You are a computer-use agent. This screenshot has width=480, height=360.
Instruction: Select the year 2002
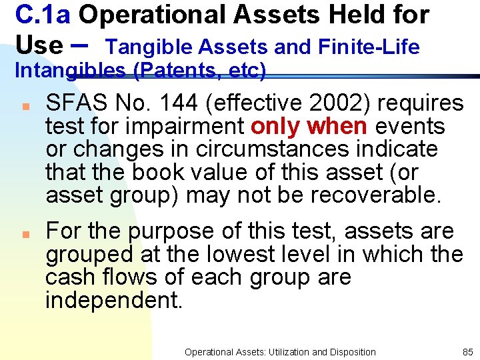click(x=334, y=103)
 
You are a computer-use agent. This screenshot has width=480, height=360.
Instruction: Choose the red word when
click(x=338, y=126)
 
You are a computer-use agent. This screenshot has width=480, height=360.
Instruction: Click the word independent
click(x=113, y=300)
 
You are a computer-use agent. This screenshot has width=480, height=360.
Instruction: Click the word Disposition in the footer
click(x=351, y=352)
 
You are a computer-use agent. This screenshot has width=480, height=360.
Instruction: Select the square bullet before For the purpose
click(x=23, y=235)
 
